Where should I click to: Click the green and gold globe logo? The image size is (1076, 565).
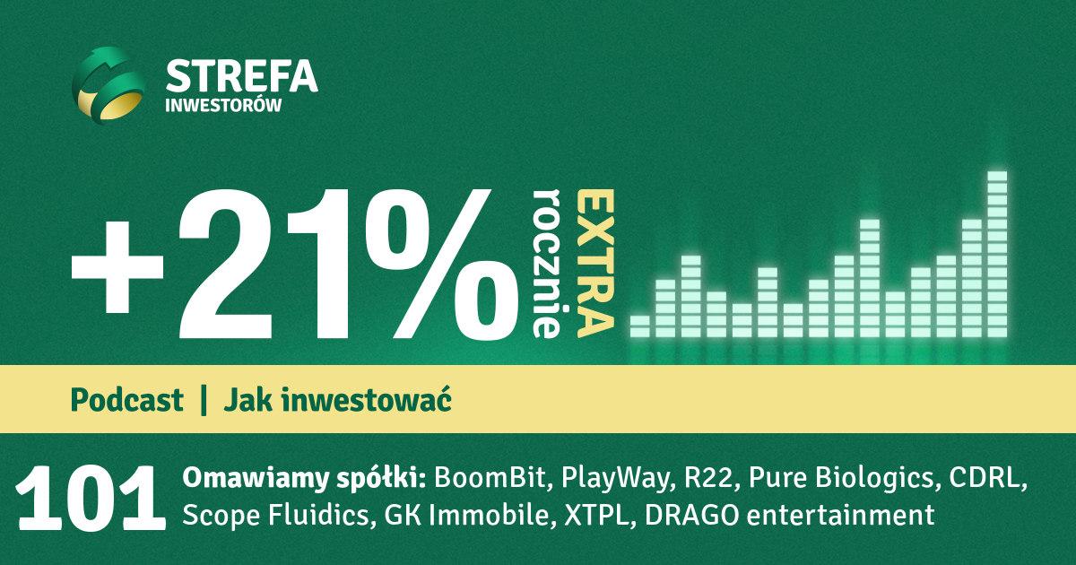pyautogui.click(x=108, y=86)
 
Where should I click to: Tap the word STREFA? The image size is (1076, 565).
pyautogui.click(x=241, y=76)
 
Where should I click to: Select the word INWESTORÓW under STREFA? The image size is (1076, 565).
pyautogui.click(x=223, y=105)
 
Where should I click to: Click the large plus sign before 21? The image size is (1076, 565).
pyautogui.click(x=117, y=267)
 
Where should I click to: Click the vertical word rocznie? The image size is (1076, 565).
pyautogui.click(x=547, y=263)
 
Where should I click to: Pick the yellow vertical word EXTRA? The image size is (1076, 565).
pyautogui.click(x=595, y=263)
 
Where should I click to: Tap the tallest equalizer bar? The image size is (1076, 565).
pyautogui.click(x=997, y=254)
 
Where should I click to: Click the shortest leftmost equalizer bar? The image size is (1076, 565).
pyautogui.click(x=639, y=326)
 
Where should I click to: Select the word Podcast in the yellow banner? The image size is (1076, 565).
pyautogui.click(x=126, y=400)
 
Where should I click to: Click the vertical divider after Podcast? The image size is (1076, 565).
pyautogui.click(x=204, y=400)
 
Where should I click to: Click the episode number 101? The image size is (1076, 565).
pyautogui.click(x=91, y=499)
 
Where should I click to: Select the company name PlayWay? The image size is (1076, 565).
pyautogui.click(x=615, y=479)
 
